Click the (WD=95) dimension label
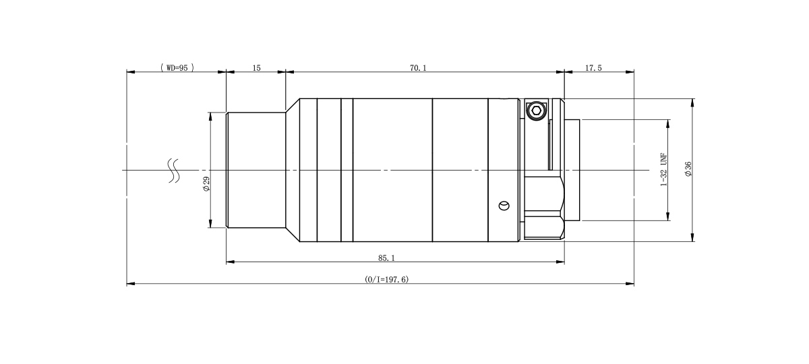click(177, 67)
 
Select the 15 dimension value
click(256, 68)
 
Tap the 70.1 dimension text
click(418, 68)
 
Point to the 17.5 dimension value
click(593, 68)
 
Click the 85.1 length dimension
click(386, 257)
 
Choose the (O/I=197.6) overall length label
click(386, 279)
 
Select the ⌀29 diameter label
click(206, 184)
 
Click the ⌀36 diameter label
click(688, 169)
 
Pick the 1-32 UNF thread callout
click(664, 169)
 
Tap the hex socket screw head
click(537, 110)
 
